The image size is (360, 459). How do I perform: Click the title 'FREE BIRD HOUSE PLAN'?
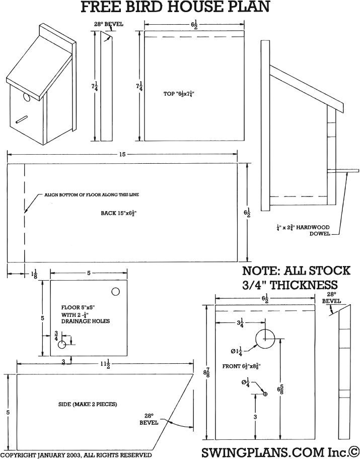coord(176,7)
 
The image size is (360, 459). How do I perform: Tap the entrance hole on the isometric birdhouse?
coord(26,97)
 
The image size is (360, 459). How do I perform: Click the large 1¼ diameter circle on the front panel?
coord(265,339)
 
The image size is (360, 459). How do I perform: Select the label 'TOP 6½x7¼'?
coord(179,94)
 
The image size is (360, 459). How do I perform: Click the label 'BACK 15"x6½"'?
coord(119,213)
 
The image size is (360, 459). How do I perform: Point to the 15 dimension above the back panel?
coord(122,154)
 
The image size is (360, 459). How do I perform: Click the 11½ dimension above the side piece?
coord(105,363)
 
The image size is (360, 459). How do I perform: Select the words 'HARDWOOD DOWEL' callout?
coord(312,230)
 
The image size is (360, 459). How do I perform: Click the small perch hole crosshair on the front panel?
coord(265,394)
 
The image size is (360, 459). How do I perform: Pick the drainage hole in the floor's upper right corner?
coord(115,292)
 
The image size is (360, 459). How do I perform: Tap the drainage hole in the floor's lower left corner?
coord(62,345)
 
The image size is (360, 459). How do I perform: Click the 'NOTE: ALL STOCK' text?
coord(296,271)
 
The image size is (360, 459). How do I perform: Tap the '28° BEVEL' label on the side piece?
coord(150,419)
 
